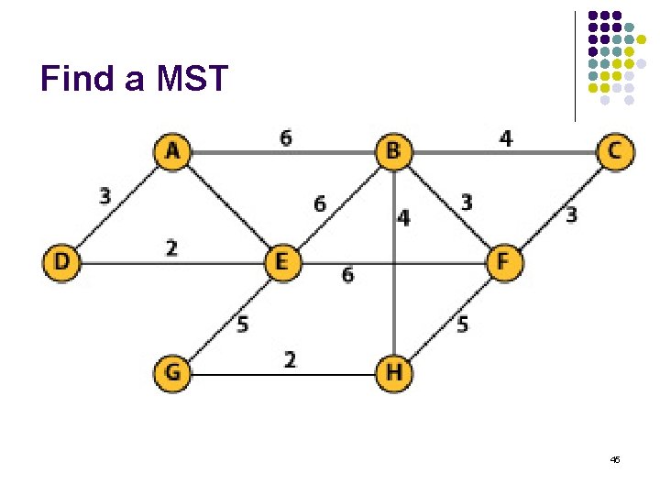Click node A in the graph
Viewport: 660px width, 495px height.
point(171,151)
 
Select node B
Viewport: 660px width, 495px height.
point(393,151)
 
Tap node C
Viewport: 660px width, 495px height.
point(613,151)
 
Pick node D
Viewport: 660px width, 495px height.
point(60,262)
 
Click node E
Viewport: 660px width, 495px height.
point(281,262)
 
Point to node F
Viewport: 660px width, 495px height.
point(503,262)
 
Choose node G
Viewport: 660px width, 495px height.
point(171,373)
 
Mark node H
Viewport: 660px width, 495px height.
point(393,373)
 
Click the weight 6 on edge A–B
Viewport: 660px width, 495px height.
point(287,137)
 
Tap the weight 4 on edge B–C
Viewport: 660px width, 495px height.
point(505,138)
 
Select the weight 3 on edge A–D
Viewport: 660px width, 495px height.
point(105,195)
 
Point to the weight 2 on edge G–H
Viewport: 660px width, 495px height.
point(290,360)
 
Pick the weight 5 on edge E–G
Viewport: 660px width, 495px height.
point(242,324)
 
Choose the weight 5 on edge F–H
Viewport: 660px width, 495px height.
point(463,324)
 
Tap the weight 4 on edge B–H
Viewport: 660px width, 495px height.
point(404,218)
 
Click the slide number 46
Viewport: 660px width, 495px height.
point(614,458)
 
